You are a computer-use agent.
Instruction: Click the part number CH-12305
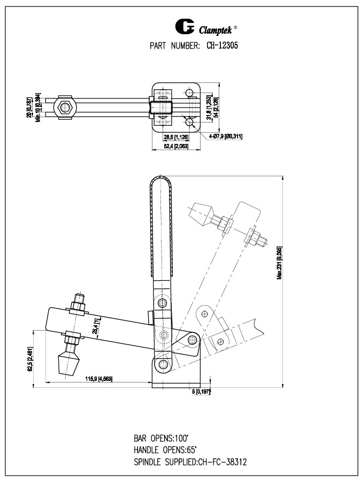tap(223, 46)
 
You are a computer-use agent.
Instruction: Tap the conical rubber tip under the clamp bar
tap(68, 364)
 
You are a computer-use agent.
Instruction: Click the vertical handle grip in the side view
tap(161, 225)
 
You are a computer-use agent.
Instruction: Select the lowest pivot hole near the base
tap(163, 365)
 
